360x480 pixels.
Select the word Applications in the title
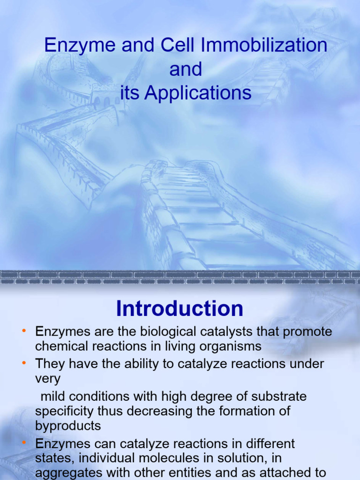point(198,93)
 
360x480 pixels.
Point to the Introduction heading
point(180,309)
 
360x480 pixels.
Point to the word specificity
point(64,411)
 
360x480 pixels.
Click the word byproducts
point(68,426)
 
